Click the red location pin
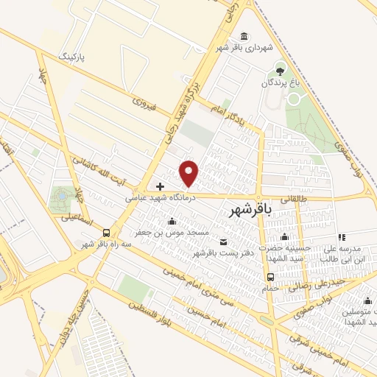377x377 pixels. click(x=190, y=172)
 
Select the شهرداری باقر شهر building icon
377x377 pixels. click(x=244, y=38)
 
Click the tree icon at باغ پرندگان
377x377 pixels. click(x=279, y=69)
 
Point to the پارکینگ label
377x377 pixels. click(x=77, y=57)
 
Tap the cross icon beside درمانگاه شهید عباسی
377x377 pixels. click(x=161, y=186)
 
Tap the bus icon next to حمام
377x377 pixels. click(x=271, y=278)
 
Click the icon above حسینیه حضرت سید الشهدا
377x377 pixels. click(x=285, y=236)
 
